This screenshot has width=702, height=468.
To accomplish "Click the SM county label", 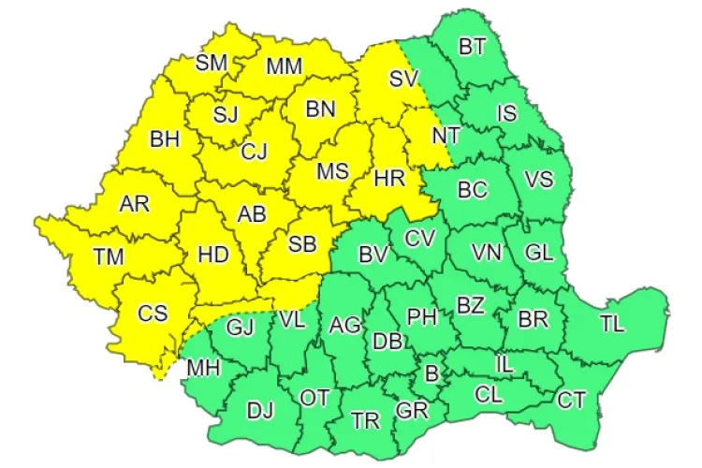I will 212,63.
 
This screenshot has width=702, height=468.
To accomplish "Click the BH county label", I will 165,139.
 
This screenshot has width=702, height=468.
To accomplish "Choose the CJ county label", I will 255,150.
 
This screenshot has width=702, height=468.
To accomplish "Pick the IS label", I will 506,113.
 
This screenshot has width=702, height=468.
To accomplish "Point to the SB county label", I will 301,244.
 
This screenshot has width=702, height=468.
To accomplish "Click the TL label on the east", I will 612,324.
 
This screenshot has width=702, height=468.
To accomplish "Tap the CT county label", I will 571,401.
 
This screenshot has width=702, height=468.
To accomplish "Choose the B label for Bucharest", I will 431,373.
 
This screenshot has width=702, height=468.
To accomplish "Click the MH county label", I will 203,368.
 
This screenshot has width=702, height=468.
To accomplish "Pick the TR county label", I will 366,420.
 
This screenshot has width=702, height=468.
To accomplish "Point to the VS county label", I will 538,179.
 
